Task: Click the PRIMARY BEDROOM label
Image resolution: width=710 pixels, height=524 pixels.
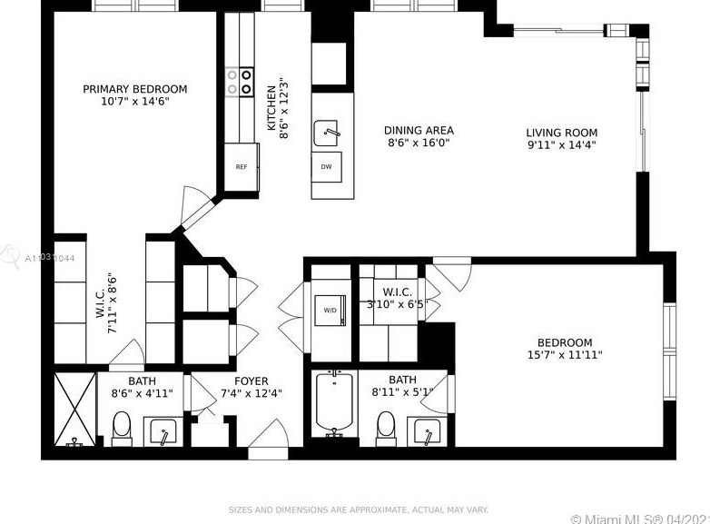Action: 134,89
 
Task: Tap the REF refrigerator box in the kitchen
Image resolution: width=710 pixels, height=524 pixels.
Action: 242,167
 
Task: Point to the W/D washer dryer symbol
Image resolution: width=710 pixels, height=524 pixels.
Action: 329,310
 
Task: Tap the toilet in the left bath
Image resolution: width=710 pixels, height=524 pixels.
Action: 121,425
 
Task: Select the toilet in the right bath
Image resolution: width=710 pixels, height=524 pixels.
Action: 386,425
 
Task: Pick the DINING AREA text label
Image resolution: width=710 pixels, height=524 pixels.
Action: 419,131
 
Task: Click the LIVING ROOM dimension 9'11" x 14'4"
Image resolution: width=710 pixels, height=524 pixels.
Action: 561,144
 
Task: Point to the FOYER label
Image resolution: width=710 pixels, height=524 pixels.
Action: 251,381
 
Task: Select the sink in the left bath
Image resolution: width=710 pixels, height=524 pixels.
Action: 163,430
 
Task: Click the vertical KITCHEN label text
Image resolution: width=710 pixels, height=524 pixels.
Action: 271,109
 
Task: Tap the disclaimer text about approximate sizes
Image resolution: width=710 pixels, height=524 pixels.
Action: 358,509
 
